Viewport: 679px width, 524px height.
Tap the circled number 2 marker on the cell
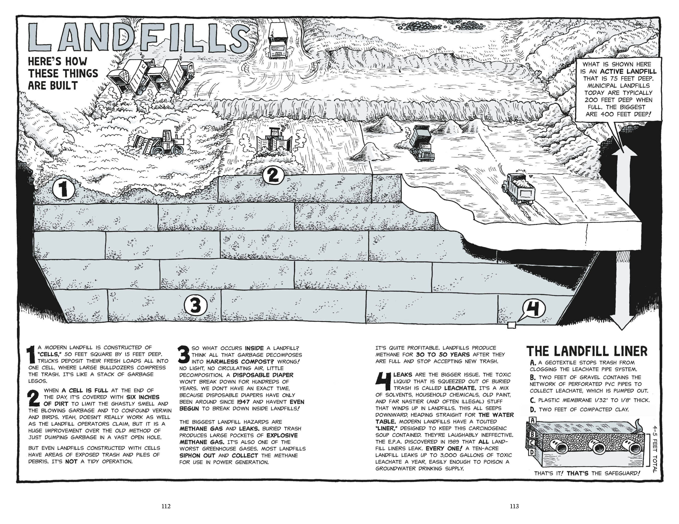273,176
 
